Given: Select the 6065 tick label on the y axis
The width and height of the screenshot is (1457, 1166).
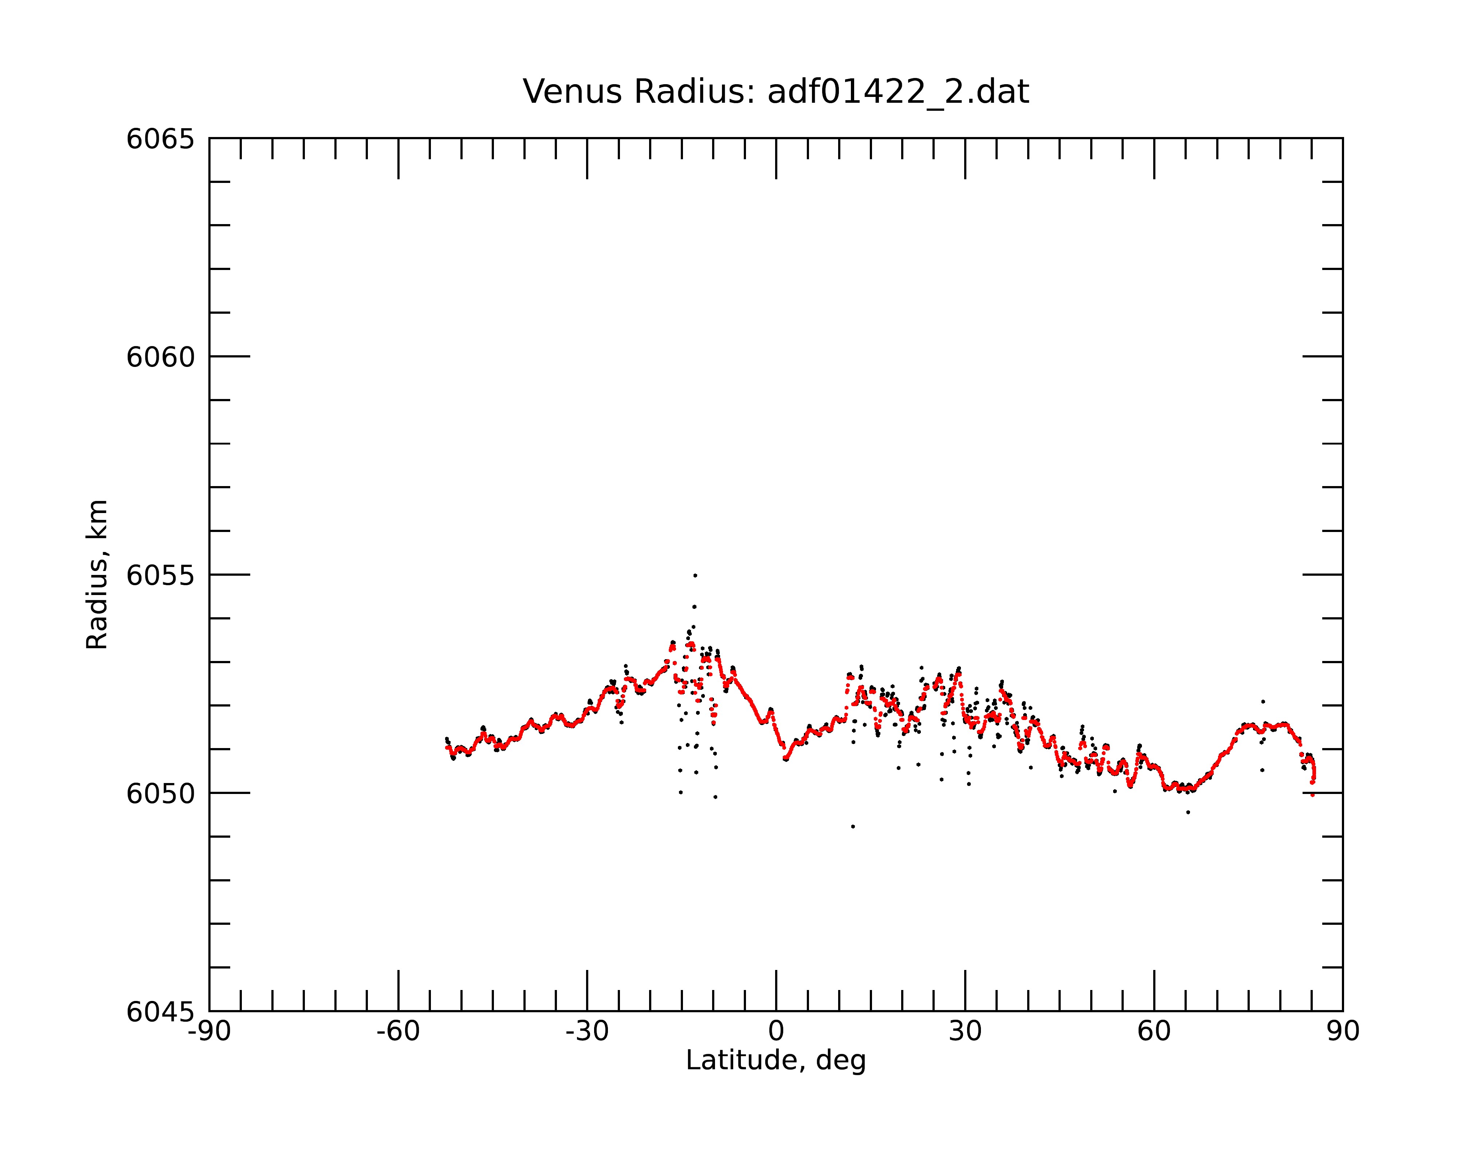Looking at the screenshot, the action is (160, 139).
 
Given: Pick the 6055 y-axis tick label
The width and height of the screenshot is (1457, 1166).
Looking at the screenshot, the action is (160, 575).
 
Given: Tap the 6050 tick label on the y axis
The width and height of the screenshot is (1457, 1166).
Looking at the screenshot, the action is (160, 794).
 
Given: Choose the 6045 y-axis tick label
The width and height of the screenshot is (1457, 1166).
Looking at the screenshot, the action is (160, 1012).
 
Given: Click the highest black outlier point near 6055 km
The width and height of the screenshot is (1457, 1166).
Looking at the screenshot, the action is (695, 575).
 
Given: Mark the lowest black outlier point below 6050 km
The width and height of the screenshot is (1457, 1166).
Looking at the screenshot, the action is (853, 827).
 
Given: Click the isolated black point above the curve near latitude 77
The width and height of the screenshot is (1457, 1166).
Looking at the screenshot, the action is (1262, 702).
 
